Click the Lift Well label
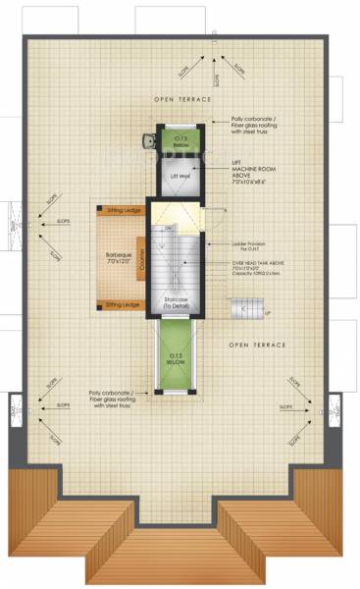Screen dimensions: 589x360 (x=178, y=176)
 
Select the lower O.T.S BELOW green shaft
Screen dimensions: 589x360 (x=178, y=359)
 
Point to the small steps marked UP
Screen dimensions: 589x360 (x=247, y=311)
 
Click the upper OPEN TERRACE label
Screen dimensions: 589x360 (x=181, y=100)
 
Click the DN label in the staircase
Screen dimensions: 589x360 (x=168, y=227)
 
